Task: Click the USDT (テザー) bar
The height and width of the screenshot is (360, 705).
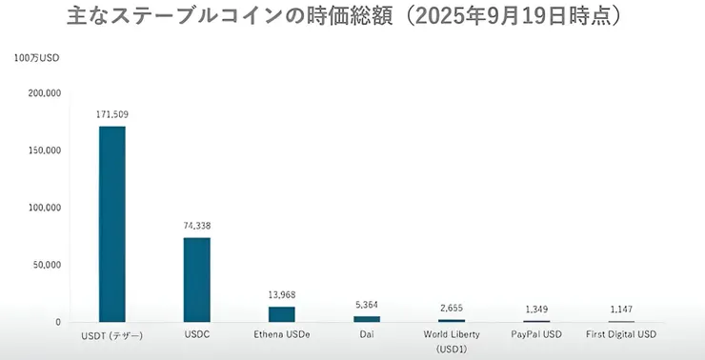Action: (112, 224)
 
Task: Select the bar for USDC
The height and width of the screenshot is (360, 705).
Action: (197, 279)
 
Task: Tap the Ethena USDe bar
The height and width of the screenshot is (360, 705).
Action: (282, 313)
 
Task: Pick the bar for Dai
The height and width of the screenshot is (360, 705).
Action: (367, 319)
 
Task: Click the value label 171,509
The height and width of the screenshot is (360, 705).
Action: (112, 114)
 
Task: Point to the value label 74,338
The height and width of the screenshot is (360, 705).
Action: (197, 226)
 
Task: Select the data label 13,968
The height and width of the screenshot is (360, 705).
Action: (282, 294)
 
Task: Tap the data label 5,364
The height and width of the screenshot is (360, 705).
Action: (367, 305)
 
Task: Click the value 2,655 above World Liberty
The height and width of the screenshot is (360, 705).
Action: (452, 308)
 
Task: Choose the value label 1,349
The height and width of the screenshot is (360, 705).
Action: (536, 310)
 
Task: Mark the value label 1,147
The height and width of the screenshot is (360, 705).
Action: (621, 310)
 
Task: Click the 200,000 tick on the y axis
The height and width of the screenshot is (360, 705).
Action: (45, 93)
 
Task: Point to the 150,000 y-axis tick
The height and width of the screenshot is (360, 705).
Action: (45, 150)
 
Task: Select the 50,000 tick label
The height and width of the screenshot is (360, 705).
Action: (48, 265)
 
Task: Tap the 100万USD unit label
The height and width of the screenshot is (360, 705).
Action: (37, 59)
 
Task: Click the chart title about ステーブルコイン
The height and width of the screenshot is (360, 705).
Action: (352, 16)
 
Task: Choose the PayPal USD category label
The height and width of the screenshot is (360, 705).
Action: (536, 335)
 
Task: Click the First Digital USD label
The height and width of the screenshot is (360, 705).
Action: (621, 335)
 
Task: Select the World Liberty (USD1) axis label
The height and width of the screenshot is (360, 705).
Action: (452, 341)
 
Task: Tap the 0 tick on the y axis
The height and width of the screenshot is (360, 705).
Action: (58, 322)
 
